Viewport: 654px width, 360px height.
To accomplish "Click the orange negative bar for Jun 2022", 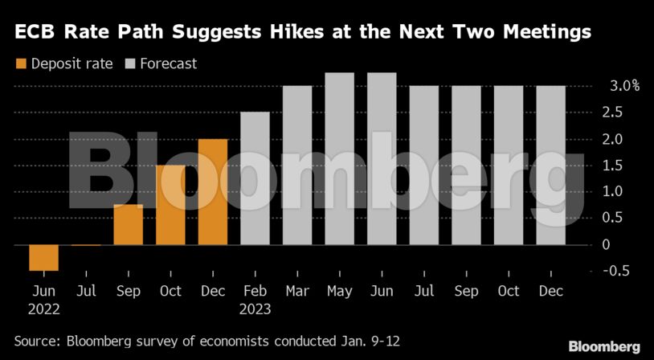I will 43,258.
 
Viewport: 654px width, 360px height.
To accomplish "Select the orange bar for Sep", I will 129,225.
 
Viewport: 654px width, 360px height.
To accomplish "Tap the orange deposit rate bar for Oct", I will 170,205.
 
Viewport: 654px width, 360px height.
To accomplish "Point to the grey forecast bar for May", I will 339,158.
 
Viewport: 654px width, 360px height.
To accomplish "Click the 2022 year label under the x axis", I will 43,309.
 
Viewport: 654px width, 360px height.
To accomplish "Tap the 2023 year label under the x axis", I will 255,309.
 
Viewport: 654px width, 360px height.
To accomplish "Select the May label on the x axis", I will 339,291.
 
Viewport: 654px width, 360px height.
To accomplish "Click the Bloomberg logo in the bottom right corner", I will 603,346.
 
